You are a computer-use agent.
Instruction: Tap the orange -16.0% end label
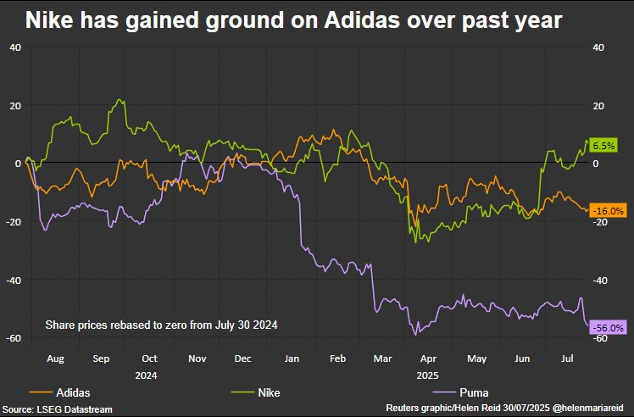(x=608, y=210)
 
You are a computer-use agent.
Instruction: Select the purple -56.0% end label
(x=608, y=327)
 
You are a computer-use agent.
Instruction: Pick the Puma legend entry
(x=470, y=392)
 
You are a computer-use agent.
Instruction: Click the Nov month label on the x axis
(x=197, y=359)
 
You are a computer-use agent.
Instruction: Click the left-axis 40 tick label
(x=15, y=47)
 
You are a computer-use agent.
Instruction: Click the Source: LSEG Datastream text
(x=57, y=409)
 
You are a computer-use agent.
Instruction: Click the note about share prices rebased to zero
(x=161, y=325)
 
